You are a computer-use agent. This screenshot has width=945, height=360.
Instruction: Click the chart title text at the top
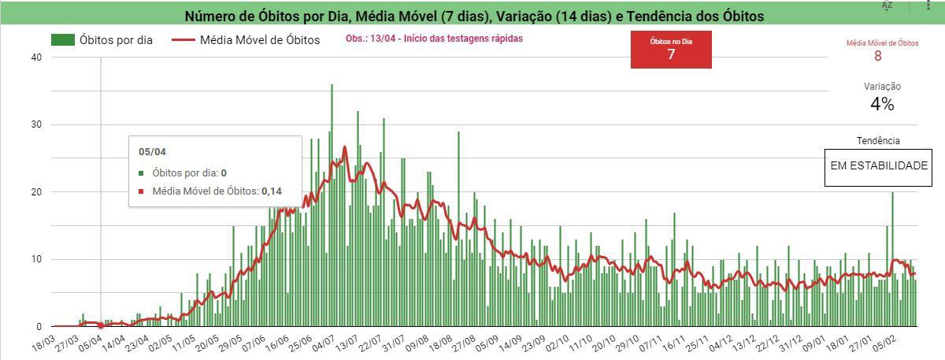click(x=473, y=16)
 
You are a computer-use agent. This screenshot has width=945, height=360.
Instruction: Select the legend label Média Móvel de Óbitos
click(x=260, y=39)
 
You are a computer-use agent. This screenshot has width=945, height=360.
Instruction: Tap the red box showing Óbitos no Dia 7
click(x=671, y=50)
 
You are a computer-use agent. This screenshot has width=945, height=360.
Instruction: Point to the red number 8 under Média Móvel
click(x=877, y=56)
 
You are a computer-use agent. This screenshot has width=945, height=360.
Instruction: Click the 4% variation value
click(x=882, y=104)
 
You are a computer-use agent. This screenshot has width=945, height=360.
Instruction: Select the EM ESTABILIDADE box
click(x=879, y=167)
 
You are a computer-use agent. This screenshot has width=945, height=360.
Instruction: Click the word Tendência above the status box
click(x=878, y=140)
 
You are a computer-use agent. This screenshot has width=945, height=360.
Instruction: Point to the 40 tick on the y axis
click(x=35, y=58)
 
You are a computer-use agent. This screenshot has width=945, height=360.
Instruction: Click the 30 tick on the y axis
click(x=35, y=124)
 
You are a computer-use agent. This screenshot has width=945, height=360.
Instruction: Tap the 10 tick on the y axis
click(x=35, y=259)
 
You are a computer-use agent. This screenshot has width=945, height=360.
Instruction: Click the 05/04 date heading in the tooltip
click(x=152, y=152)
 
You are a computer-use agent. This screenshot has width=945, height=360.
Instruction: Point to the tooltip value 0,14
click(x=272, y=191)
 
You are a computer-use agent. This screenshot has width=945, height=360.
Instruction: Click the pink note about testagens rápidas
click(x=434, y=38)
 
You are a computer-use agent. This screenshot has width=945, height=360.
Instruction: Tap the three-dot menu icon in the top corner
click(x=929, y=6)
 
